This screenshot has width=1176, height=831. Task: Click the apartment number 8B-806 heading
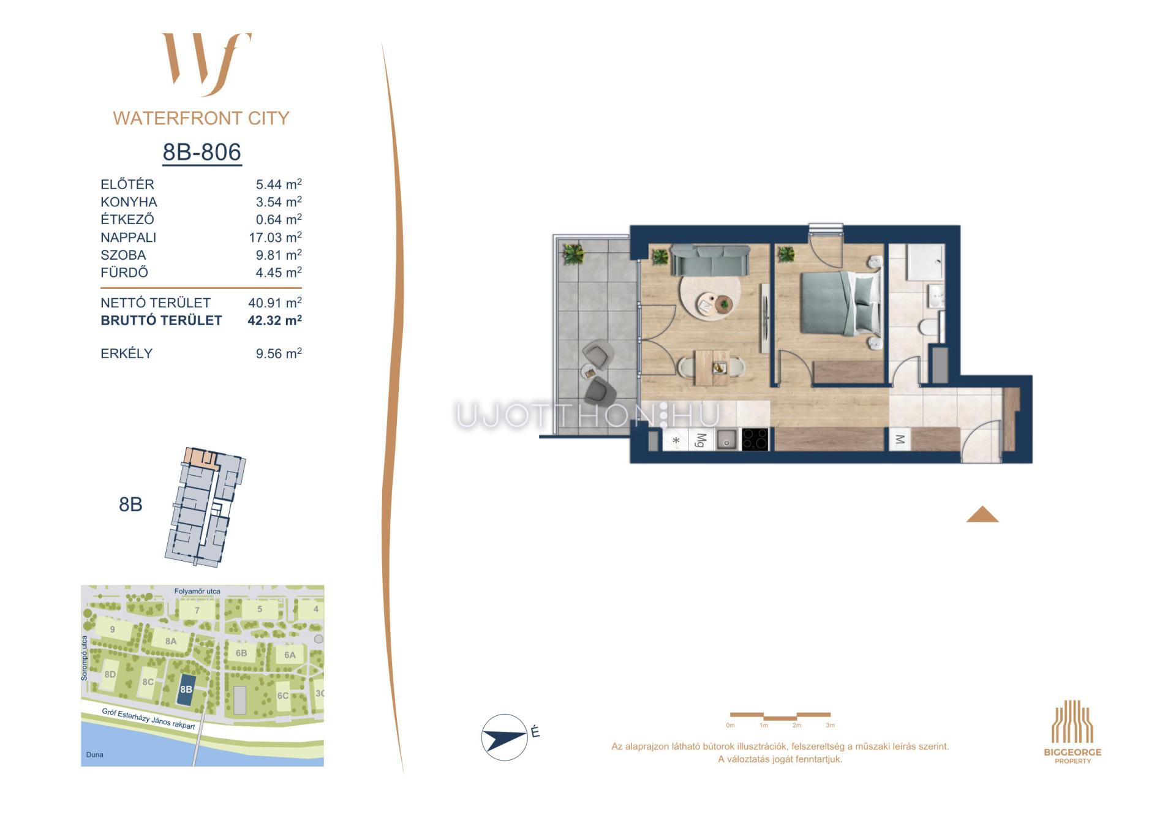(202, 152)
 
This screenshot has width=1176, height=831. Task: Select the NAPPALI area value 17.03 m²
(275, 237)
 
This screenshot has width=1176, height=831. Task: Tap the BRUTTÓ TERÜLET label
(161, 320)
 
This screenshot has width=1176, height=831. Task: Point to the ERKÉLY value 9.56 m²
(279, 353)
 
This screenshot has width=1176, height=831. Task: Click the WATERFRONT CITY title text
(202, 118)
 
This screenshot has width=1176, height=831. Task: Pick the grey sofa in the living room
(710, 260)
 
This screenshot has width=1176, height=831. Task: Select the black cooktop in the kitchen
(755, 439)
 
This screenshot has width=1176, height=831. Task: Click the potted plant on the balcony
(573, 253)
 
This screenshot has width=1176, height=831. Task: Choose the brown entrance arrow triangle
(982, 514)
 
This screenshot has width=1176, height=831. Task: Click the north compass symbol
(505, 737)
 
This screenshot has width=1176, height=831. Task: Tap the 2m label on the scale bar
(797, 726)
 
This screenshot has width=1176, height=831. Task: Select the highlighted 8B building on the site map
(186, 689)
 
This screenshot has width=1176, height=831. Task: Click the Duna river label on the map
(95, 754)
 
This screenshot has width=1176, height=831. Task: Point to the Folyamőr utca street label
(197, 592)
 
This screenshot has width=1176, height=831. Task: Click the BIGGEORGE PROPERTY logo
(1072, 732)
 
